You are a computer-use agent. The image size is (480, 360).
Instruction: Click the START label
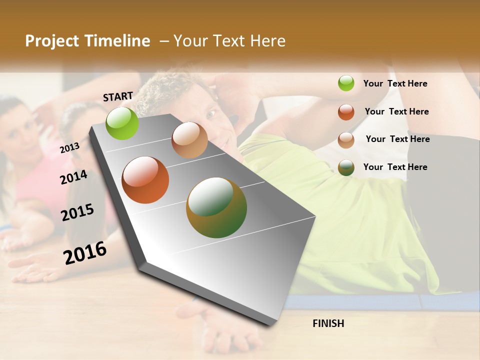[118, 96]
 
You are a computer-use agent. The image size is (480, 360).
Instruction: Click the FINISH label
[328, 323]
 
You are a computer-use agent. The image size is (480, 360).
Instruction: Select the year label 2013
[69, 147]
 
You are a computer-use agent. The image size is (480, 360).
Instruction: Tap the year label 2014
[73, 177]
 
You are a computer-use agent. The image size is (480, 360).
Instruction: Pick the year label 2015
[77, 212]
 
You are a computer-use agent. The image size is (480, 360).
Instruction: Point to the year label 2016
[85, 252]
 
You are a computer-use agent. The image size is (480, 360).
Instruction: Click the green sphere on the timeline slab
[122, 123]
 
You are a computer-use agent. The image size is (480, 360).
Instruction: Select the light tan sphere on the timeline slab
[189, 140]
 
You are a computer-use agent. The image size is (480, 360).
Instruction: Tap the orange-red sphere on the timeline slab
[145, 180]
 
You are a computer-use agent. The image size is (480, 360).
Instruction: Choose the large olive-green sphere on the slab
[216, 207]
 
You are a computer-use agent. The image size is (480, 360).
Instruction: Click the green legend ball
[346, 83]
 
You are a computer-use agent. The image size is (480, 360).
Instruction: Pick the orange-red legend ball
[346, 111]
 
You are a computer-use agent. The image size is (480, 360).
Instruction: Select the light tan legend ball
[346, 139]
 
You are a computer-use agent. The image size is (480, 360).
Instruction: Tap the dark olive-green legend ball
[346, 167]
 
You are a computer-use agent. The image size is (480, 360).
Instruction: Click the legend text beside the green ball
[395, 83]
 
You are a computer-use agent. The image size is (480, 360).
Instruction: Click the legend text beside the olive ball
[395, 167]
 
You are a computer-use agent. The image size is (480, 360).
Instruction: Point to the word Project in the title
[51, 41]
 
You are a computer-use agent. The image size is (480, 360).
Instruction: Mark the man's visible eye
[210, 114]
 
